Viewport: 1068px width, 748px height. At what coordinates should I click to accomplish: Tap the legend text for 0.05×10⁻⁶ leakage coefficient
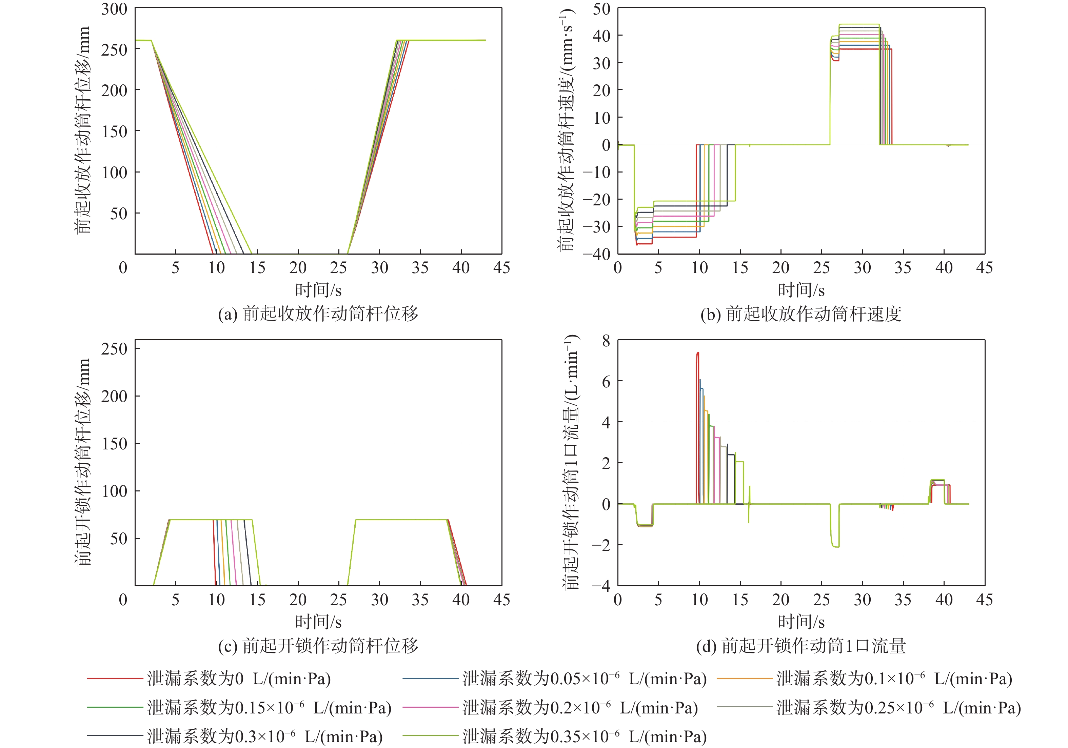tap(584, 679)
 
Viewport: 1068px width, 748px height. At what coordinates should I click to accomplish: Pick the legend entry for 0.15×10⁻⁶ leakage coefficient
tap(269, 708)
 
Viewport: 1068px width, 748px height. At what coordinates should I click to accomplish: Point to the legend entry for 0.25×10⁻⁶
tap(898, 708)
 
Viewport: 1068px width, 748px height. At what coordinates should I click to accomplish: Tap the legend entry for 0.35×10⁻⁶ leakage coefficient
tap(584, 736)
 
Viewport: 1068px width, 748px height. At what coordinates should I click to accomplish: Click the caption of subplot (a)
tap(318, 314)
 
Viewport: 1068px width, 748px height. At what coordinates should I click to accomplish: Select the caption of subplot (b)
tap(801, 314)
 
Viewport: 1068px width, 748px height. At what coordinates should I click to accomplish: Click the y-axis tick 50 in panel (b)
tap(601, 9)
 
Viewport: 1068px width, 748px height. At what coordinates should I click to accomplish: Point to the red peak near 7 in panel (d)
tap(698, 353)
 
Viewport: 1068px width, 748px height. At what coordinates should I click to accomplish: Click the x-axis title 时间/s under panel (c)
tap(318, 622)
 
